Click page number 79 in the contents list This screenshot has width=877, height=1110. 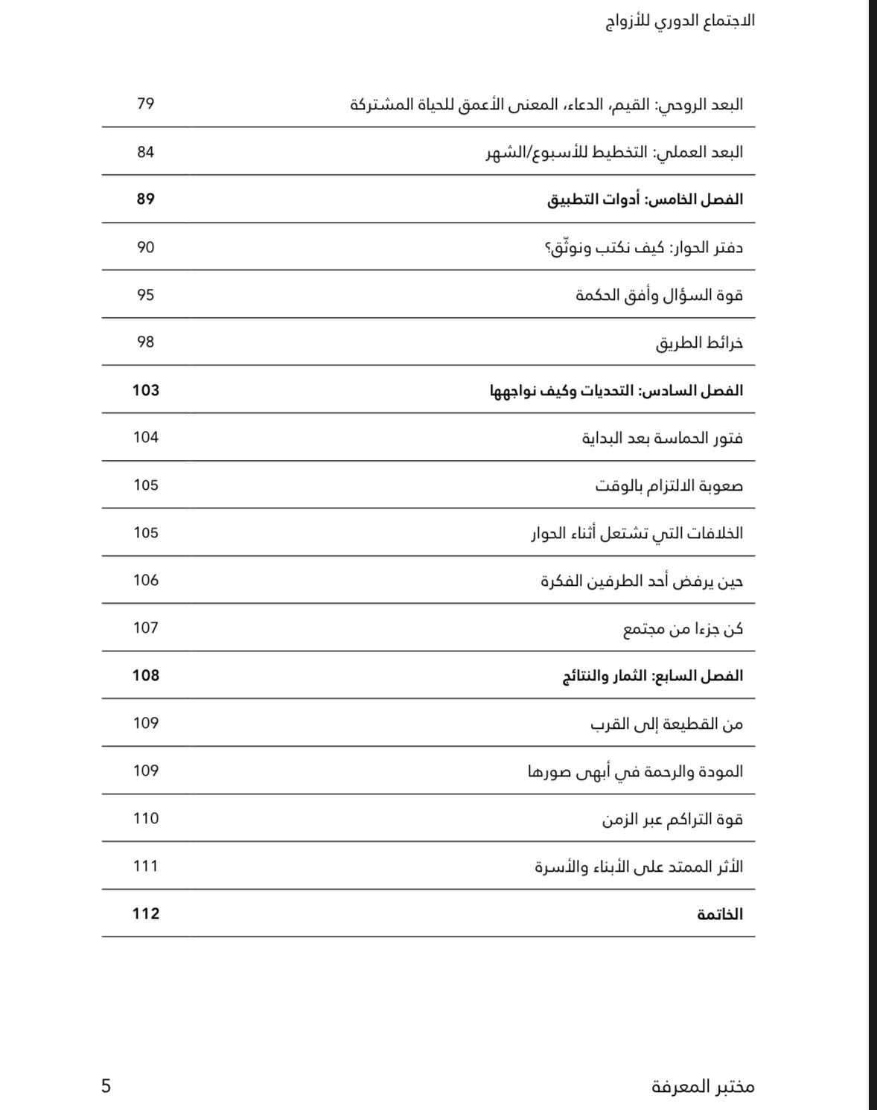coord(145,103)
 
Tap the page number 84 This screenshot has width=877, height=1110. coord(145,152)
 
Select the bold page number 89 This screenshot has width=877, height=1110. coord(145,199)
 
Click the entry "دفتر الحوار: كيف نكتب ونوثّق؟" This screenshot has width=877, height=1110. coord(644,247)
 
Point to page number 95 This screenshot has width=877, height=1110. coord(145,295)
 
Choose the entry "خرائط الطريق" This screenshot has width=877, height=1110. coord(699,342)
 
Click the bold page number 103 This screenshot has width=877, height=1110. coord(145,390)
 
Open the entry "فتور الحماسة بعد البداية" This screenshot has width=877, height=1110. coord(662,438)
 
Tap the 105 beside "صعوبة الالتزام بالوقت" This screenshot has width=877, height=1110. coord(145,485)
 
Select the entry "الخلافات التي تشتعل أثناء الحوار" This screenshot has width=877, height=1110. coord(637,533)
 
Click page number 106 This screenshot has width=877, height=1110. coord(145,580)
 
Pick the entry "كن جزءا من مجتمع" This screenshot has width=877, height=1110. coord(683,628)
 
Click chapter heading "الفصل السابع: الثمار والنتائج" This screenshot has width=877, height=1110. coord(652,676)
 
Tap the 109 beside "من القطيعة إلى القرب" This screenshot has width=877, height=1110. coord(145,723)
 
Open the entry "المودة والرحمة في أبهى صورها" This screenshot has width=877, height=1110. coord(635,771)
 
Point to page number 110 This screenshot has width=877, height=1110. coord(145,818)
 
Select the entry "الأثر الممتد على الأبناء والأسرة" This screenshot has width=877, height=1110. coord(639,867)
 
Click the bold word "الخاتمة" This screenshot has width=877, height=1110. coord(719,914)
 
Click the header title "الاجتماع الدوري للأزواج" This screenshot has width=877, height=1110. coord(680,21)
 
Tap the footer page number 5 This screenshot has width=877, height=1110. coord(106,1086)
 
